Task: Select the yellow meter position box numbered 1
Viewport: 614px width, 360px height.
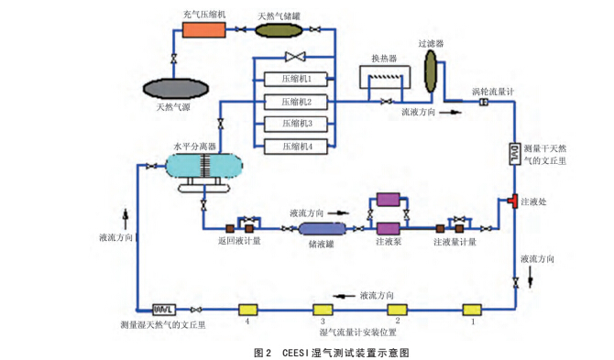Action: click(472, 309)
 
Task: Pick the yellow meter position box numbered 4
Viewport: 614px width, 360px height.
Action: click(247, 309)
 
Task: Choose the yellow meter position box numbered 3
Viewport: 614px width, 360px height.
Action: click(323, 309)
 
